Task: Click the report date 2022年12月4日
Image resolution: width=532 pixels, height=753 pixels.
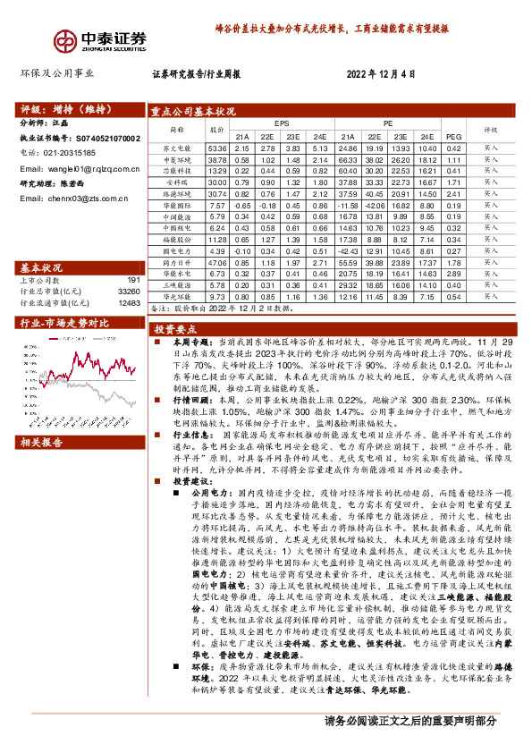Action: point(381,75)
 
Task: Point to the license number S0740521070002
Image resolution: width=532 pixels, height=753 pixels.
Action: point(106,139)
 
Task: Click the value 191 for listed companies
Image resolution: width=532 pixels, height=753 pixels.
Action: point(131,281)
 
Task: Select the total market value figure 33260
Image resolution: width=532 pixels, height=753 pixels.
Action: point(128,292)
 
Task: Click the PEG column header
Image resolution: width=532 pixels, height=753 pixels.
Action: point(452,136)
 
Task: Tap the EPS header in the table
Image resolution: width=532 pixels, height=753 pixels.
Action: point(281,123)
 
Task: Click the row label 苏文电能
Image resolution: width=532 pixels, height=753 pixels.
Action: point(176,148)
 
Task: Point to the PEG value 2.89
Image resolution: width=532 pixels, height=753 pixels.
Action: point(452,275)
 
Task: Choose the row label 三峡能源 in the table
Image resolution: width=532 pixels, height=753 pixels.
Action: point(176,286)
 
